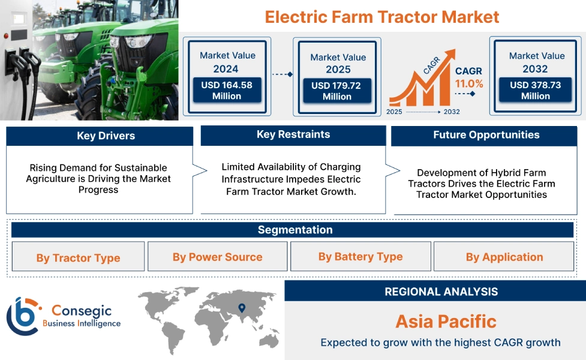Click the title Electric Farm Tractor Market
pyautogui.click(x=382, y=16)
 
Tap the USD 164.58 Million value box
pyautogui.click(x=227, y=91)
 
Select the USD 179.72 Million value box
pyautogui.click(x=336, y=91)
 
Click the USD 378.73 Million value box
pyautogui.click(x=535, y=91)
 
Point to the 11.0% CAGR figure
pyautogui.click(x=468, y=83)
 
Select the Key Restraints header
pyautogui.click(x=293, y=135)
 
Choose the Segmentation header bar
pyautogui.click(x=294, y=230)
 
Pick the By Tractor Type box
pyautogui.click(x=78, y=257)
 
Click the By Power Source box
pyautogui.click(x=217, y=257)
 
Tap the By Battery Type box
pyautogui.click(x=360, y=257)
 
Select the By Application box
pyautogui.click(x=504, y=257)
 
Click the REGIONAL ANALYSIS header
pyautogui.click(x=441, y=292)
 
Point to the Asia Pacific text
pyautogui.click(x=446, y=322)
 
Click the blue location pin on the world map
pyautogui.click(x=242, y=308)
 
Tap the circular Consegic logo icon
pyautogui.click(x=22, y=316)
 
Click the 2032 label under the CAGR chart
pyautogui.click(x=451, y=112)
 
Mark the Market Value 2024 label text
pyautogui.click(x=227, y=62)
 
